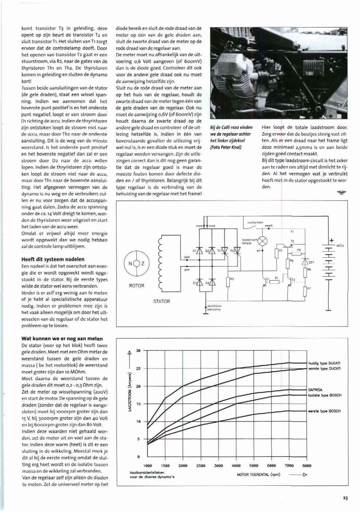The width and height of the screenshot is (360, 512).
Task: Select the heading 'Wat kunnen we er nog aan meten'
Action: pos(62,338)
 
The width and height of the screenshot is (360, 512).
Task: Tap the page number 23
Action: pos(345,499)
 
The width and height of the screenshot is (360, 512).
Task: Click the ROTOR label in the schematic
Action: pos(137,286)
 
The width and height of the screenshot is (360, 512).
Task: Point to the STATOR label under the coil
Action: pos(161,301)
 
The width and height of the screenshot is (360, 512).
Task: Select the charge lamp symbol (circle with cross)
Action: pos(263,241)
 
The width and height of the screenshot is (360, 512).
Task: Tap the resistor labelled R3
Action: pos(228,282)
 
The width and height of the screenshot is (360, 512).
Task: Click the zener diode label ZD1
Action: pos(311,262)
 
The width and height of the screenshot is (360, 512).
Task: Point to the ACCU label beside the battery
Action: pos(340,245)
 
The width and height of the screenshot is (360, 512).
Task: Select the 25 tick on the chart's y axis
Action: pos(138,368)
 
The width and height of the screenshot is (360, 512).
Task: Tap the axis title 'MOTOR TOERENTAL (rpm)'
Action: pos(258,475)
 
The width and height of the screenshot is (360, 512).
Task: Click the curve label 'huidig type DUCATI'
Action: pos(324,363)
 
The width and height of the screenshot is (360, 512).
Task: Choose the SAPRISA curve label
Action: pos(315,389)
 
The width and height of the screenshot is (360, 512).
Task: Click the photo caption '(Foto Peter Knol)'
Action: pos(226,147)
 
